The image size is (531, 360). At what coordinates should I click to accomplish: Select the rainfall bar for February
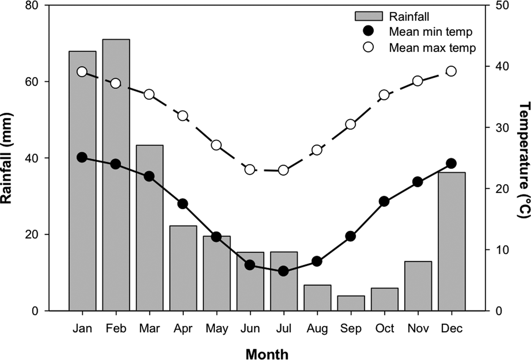[x=116, y=174]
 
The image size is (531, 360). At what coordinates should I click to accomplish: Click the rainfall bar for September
[x=351, y=303]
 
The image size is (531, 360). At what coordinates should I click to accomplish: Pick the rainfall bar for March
[x=149, y=228]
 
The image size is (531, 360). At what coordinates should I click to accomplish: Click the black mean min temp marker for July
[x=283, y=271]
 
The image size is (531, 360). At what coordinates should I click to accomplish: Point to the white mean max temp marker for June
[x=250, y=170]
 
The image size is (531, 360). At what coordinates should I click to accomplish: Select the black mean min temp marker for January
[x=82, y=157]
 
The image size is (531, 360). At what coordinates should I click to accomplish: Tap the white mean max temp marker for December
[x=451, y=71]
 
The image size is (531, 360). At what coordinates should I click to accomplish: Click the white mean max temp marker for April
[x=183, y=116]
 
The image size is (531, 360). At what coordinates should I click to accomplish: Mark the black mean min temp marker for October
[x=384, y=201]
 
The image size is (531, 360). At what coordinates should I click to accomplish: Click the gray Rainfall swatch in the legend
[x=368, y=16]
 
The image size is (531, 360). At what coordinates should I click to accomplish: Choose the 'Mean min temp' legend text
[x=430, y=32]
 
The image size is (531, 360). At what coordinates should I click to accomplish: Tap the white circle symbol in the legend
[x=368, y=47]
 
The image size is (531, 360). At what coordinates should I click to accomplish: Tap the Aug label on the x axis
[x=317, y=329]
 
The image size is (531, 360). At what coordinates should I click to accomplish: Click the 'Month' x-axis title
[x=267, y=354]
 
